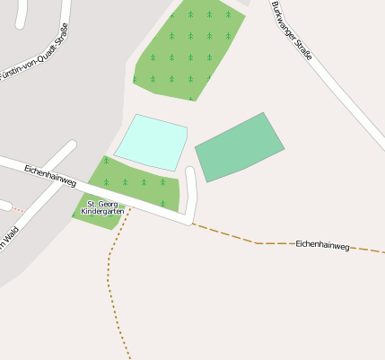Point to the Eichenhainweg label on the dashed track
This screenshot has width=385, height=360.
point(322,245)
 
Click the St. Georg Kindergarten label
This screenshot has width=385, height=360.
point(103,207)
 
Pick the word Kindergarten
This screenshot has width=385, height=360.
point(103,212)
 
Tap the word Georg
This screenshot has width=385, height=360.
point(110,204)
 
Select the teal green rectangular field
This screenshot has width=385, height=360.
point(240,146)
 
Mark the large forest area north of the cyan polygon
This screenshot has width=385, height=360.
point(188,49)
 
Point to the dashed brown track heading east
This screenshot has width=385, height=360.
point(242,237)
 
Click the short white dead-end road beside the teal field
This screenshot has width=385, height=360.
point(190,190)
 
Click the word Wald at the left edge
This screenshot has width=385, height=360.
point(10,239)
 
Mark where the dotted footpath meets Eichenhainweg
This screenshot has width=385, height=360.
point(131,208)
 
